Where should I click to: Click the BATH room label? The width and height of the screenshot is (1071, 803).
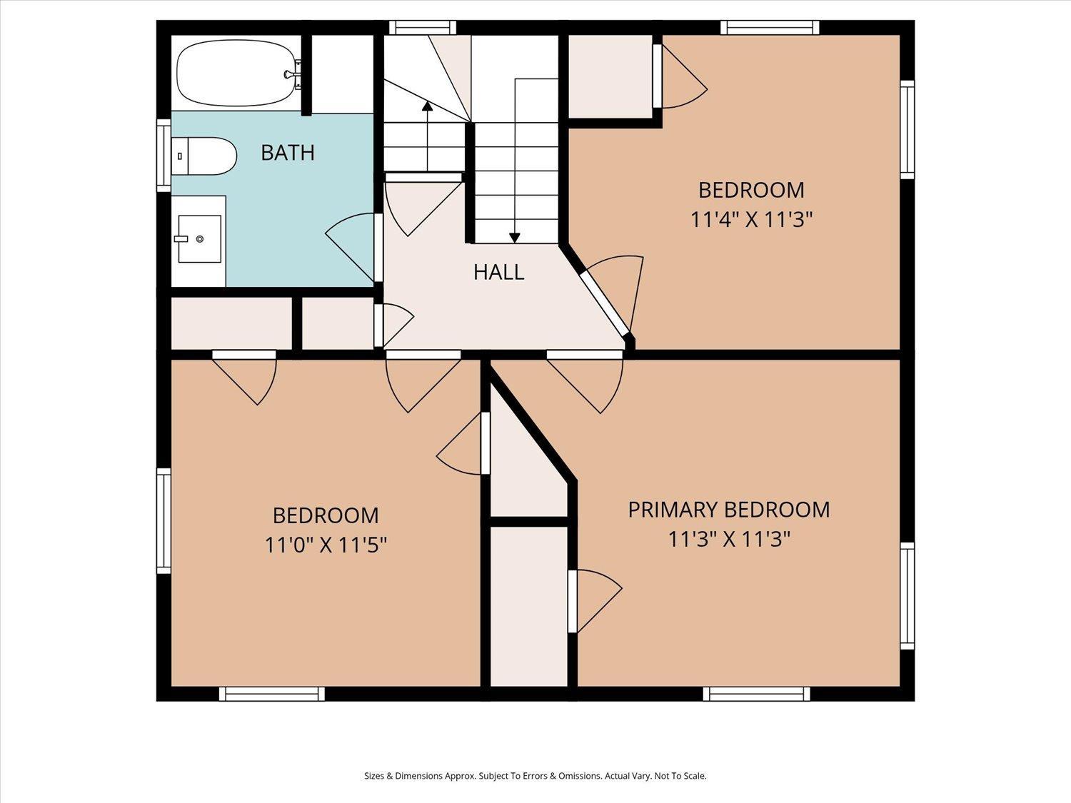pos(287,153)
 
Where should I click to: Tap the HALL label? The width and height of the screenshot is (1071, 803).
pos(498,272)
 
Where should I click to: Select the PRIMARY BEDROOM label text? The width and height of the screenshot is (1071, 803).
pos(728,510)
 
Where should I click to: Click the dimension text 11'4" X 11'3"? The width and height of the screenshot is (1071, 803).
pos(751,219)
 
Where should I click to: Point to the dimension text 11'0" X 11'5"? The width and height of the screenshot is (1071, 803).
pos(326,545)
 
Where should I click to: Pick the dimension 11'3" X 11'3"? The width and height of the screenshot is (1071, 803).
pos(728,538)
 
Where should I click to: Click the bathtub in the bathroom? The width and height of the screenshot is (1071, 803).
pos(236,73)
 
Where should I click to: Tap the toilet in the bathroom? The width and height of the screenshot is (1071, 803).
pos(206,156)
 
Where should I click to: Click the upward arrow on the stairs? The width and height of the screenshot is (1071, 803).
pos(427,107)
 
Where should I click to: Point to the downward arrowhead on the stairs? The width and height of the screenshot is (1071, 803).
pos(514,238)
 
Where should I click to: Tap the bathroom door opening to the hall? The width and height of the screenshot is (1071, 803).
pos(378,247)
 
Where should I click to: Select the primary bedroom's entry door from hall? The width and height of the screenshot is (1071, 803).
pos(585,355)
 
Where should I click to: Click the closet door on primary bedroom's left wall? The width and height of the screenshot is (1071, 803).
pos(573,601)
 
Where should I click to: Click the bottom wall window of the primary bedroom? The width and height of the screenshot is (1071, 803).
pos(756,694)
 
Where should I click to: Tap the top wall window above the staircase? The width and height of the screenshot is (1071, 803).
pos(422,28)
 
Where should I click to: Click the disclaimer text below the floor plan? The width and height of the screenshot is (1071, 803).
pos(535,776)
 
